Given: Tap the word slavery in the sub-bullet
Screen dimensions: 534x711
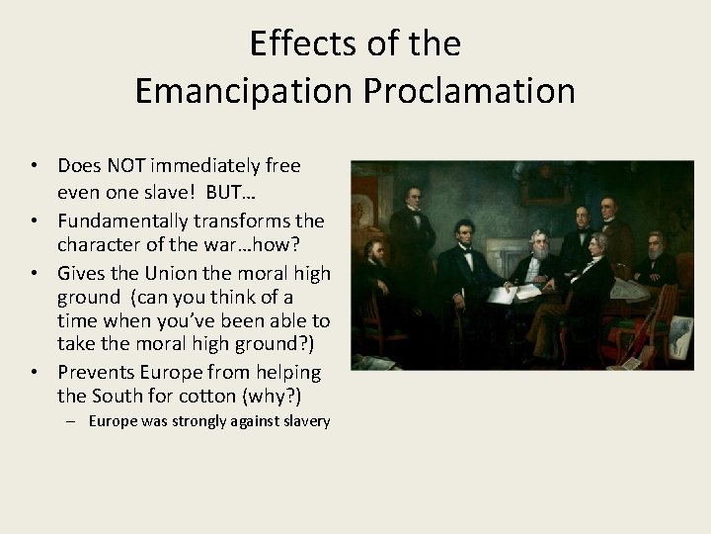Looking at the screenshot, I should pyautogui.click(x=302, y=422).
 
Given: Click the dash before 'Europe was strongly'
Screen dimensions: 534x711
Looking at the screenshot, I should pyautogui.click(x=77, y=422).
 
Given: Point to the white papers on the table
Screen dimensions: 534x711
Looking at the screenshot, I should pyautogui.click(x=523, y=291).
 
